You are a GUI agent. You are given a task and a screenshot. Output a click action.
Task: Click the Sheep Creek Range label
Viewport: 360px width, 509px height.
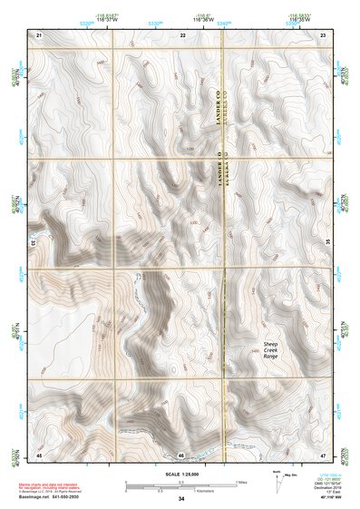point(270,350)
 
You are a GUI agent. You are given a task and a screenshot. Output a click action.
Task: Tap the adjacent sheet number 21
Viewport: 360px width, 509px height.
point(39,34)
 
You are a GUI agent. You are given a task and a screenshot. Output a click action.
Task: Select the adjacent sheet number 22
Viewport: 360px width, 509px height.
point(182,34)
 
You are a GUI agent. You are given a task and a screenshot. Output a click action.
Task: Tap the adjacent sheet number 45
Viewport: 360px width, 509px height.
point(39,454)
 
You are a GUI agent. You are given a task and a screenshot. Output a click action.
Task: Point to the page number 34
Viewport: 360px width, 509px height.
point(181,499)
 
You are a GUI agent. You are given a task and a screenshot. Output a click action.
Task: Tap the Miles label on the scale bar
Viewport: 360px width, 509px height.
point(240,481)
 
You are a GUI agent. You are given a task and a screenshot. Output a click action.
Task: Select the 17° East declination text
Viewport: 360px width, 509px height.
point(331,494)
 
